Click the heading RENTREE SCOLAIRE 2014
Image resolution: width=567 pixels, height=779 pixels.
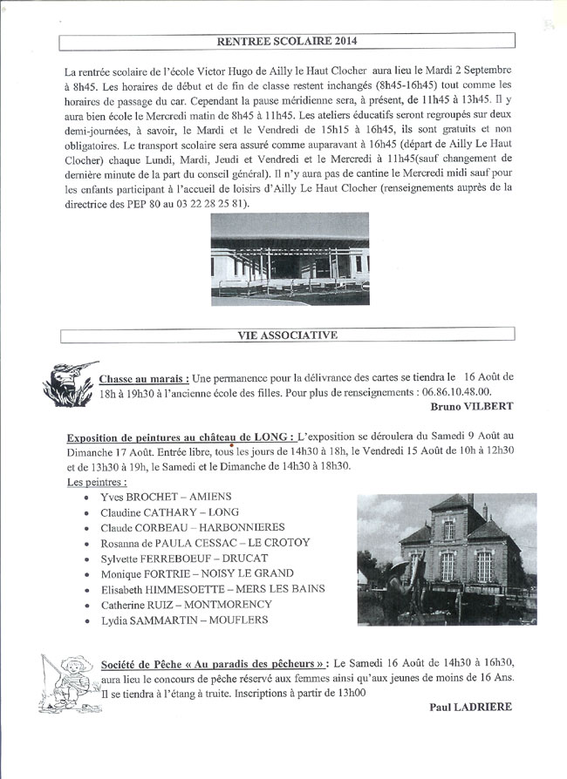(287, 40)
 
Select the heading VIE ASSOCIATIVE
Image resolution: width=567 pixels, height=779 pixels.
(287, 334)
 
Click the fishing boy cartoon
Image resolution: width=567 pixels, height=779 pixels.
(70, 681)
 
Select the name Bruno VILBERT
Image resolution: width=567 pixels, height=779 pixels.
(471, 407)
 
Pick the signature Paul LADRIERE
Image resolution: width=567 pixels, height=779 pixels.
(471, 708)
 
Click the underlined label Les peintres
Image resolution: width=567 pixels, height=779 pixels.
(96, 482)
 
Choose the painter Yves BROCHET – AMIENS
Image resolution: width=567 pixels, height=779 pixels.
(160, 497)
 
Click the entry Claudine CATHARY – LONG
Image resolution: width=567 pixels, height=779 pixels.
(169, 512)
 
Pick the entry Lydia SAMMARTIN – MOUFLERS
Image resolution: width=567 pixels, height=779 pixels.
(184, 620)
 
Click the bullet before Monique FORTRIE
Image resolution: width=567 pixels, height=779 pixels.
(85, 575)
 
